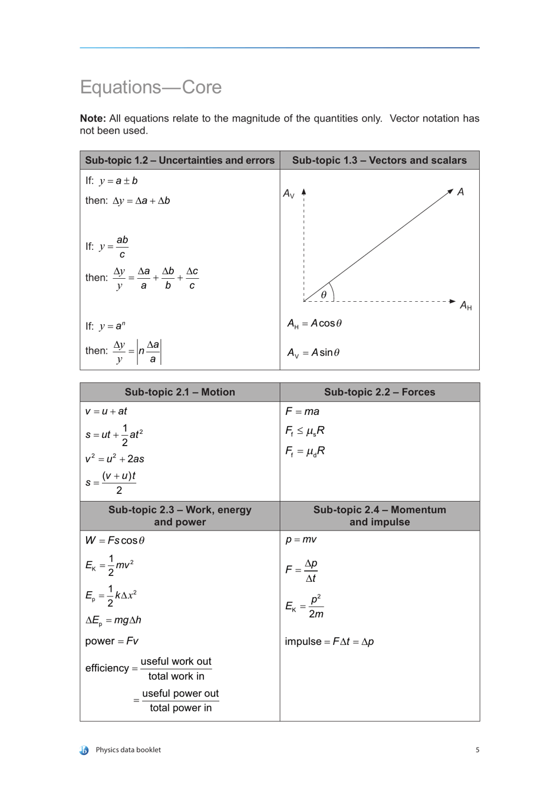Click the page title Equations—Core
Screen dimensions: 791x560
pos(151,87)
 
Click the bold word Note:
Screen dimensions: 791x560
pos(93,118)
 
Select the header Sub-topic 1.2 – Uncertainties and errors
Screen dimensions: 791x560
pos(180,160)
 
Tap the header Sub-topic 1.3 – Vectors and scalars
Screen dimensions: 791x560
pos(379,160)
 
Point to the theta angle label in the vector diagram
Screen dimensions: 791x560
pos(324,295)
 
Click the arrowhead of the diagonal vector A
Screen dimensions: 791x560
pos(450,190)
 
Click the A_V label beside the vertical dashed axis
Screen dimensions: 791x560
pos(289,194)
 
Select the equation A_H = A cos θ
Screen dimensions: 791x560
pos(314,324)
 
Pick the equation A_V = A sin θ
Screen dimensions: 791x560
pos(313,352)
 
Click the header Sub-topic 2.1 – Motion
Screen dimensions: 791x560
pos(180,392)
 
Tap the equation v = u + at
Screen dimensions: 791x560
pos(106,411)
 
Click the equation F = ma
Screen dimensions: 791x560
pos(302,411)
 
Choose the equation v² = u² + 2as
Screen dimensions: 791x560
pos(114,459)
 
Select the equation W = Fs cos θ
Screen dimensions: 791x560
pos(115,540)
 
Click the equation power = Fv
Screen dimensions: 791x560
pos(112,641)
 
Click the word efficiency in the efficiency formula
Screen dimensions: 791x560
pos(107,668)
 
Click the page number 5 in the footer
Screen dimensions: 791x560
pos(477,750)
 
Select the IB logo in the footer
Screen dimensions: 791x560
pos(84,750)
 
